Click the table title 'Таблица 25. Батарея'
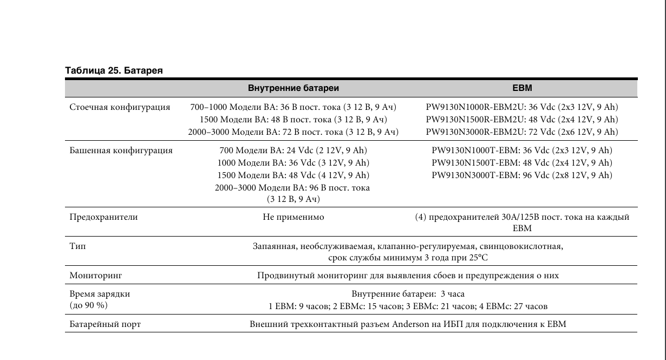pyautogui.click(x=114, y=70)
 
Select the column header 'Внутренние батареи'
pyautogui.click(x=293, y=88)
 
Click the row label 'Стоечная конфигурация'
pyautogui.click(x=120, y=107)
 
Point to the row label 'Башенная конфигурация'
pyautogui.click(x=121, y=150)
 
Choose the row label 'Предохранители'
pyautogui.click(x=103, y=217)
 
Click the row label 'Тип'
pyautogui.click(x=77, y=246)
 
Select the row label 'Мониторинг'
pyautogui.click(x=96, y=276)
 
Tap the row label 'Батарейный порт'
pyautogui.click(x=105, y=325)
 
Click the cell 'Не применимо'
pyautogui.click(x=293, y=217)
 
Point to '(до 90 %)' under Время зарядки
pyautogui.click(x=89, y=306)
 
